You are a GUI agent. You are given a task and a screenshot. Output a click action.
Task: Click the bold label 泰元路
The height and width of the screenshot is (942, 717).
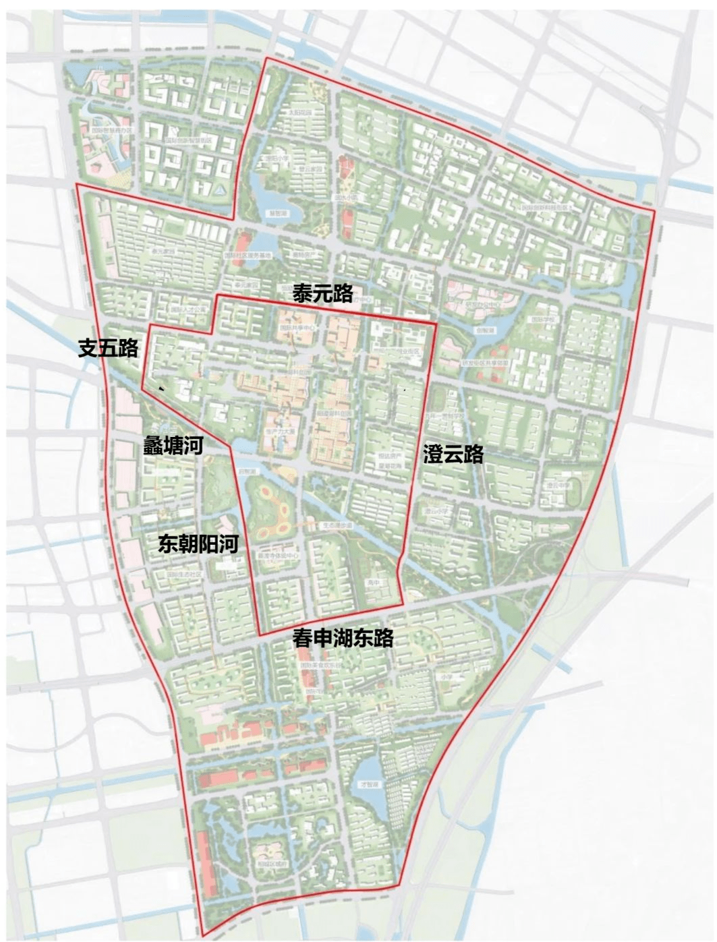click(x=322, y=293)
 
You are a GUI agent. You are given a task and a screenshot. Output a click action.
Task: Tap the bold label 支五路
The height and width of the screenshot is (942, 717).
click(x=109, y=348)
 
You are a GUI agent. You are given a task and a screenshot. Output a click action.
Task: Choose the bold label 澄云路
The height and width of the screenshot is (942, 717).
click(x=453, y=454)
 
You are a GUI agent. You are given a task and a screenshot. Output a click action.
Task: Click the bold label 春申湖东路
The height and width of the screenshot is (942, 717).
click(x=343, y=638)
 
